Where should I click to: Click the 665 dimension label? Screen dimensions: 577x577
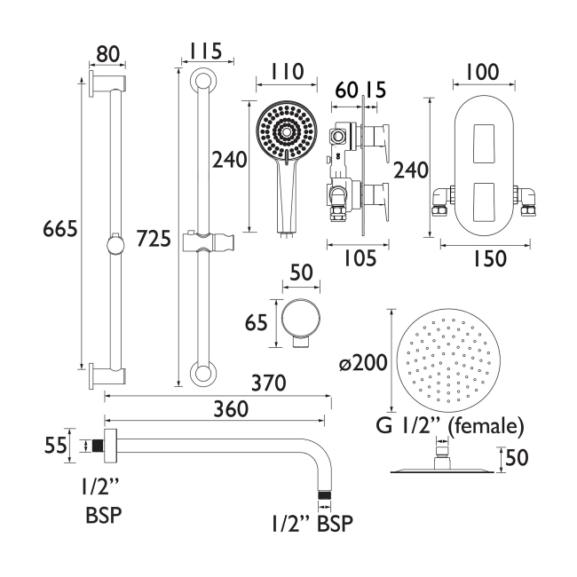point(60,229)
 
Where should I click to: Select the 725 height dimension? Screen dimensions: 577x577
point(154,238)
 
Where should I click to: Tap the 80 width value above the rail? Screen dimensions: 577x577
point(107,54)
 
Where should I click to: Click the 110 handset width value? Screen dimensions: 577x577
point(286,71)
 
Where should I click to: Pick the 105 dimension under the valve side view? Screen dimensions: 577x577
point(360,257)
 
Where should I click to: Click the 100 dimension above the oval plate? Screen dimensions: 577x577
point(483,70)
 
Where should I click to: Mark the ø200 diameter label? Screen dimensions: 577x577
point(360,363)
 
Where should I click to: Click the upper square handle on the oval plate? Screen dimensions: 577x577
point(483,138)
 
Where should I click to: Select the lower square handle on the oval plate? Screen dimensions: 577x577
point(483,197)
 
